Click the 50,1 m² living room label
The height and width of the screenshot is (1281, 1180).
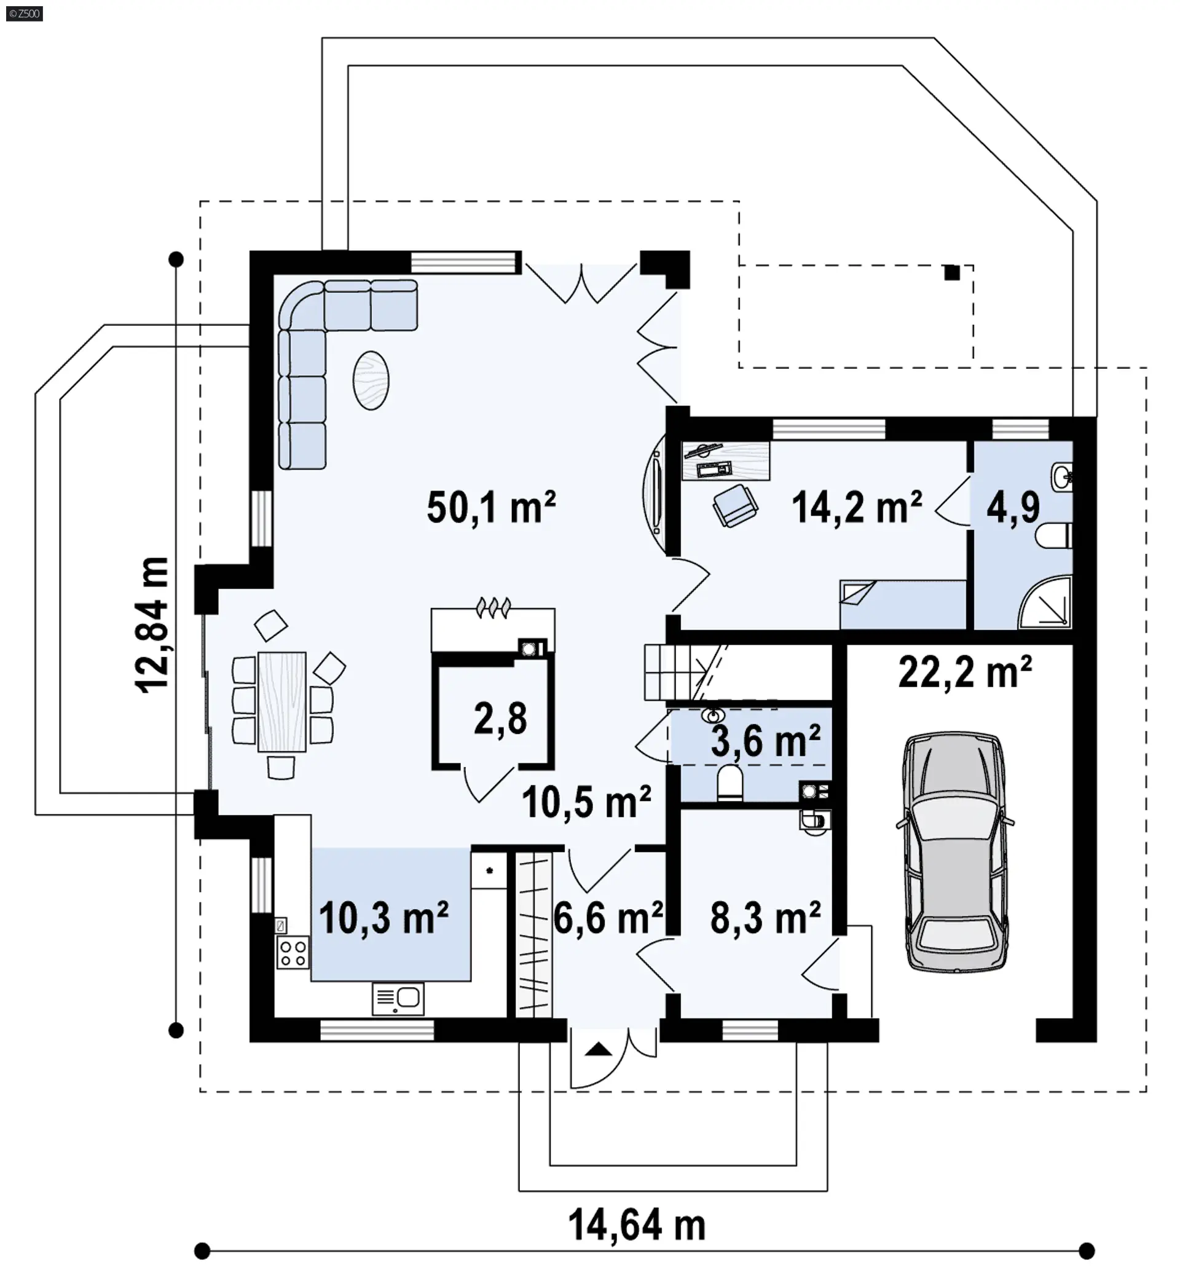491,508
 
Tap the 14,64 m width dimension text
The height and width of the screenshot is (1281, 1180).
637,1226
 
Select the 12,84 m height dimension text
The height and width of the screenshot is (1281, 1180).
152,625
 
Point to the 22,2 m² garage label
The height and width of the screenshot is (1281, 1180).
965,672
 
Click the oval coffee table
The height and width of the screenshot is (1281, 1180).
371,380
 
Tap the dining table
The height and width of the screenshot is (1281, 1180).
281,701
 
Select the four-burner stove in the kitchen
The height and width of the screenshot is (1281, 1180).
293,952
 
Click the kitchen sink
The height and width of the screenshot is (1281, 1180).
398,998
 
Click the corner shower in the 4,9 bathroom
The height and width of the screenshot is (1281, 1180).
1044,602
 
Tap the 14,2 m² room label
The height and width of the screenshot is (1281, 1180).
856,508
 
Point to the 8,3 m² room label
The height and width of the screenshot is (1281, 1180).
765,918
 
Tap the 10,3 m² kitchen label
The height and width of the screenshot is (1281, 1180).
383,918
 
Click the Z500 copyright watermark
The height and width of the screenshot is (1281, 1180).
24,14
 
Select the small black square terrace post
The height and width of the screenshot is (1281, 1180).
952,273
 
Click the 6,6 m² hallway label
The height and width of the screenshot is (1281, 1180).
608,918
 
